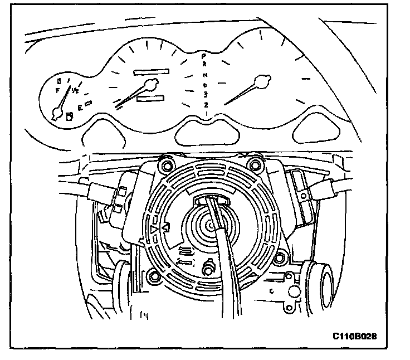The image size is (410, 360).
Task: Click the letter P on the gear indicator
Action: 204,57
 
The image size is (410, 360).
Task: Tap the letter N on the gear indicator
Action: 205,75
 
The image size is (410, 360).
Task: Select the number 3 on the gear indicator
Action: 206,94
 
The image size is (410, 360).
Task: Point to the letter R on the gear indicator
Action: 204,65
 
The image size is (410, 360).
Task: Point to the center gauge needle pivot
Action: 149,85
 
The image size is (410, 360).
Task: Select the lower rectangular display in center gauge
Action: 150,99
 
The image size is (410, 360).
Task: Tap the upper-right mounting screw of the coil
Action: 256,164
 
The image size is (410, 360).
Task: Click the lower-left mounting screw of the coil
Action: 152,275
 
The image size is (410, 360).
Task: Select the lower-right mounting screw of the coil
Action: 281,257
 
